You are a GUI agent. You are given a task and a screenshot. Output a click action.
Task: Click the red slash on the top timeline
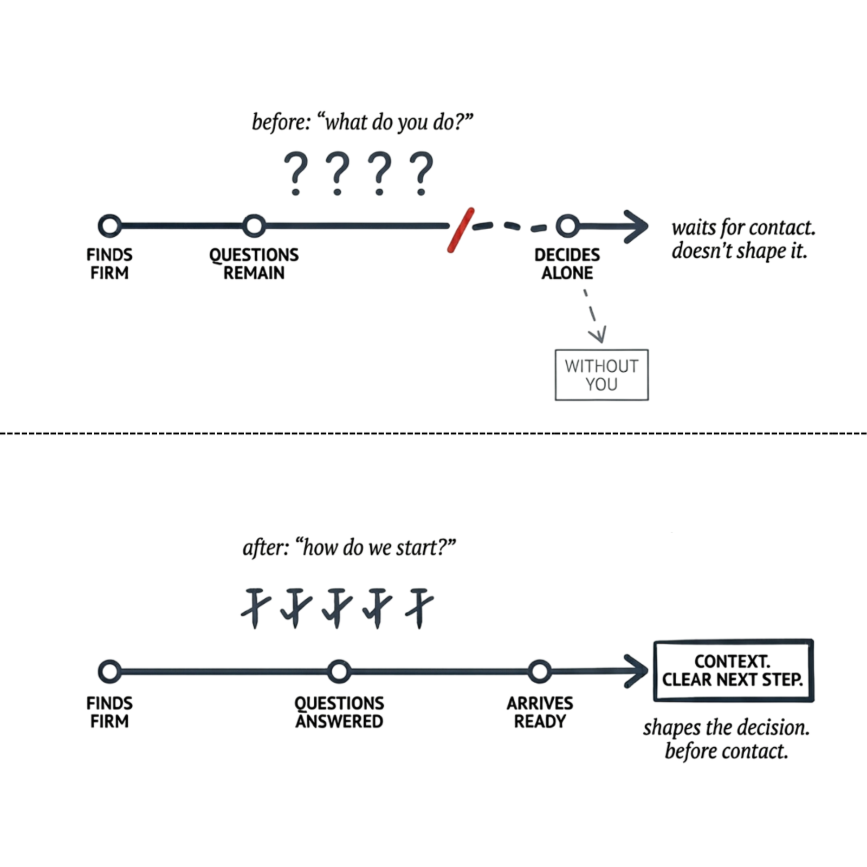(x=461, y=230)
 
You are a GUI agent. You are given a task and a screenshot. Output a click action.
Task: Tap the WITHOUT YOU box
(x=601, y=375)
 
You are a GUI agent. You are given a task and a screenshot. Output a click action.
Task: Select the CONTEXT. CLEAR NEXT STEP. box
(x=733, y=670)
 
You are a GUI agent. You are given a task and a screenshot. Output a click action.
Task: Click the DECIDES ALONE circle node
(x=567, y=225)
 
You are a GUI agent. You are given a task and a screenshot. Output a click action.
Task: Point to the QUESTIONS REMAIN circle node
(x=254, y=225)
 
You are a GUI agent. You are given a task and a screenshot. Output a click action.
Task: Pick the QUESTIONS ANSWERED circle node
(x=339, y=671)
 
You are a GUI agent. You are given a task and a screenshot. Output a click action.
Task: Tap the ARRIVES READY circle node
(x=540, y=671)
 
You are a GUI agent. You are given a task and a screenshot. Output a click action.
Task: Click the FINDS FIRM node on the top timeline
(x=110, y=225)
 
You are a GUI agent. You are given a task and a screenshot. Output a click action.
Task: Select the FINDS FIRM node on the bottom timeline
(x=110, y=671)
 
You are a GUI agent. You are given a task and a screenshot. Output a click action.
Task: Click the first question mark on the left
(x=296, y=173)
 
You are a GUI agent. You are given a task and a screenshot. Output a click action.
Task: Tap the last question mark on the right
(x=421, y=173)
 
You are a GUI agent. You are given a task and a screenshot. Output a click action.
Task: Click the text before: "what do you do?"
(x=362, y=122)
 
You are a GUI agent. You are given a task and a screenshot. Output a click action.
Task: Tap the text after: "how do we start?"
(x=349, y=548)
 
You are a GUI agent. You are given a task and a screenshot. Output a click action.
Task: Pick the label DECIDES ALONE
(x=567, y=264)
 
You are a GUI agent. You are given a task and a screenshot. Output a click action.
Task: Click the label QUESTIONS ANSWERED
(x=339, y=712)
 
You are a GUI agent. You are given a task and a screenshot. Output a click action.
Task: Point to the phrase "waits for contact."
(x=743, y=228)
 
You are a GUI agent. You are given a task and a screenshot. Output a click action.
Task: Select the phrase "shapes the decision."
(x=726, y=728)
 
